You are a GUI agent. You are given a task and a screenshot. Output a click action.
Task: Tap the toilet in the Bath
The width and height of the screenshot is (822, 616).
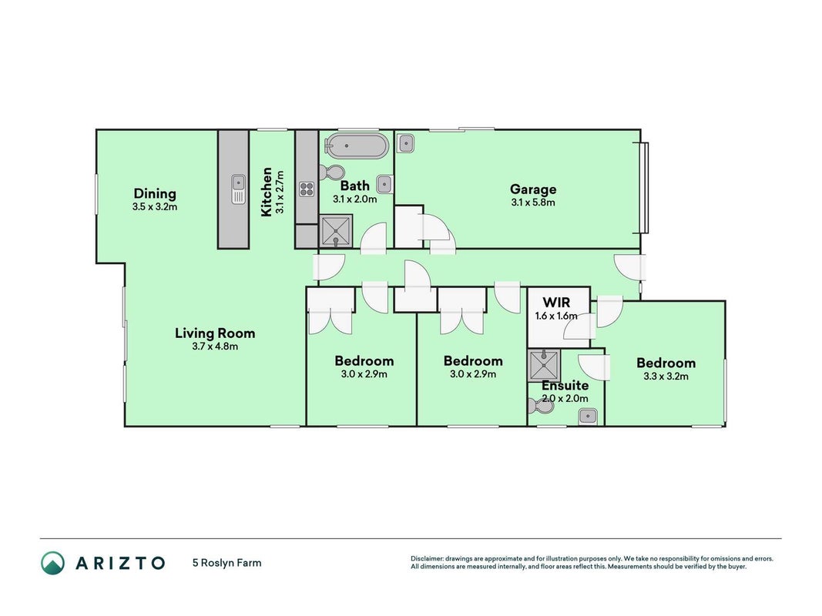tap(331, 171)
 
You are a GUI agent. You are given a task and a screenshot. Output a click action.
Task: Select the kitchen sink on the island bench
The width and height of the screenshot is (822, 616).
tap(239, 189)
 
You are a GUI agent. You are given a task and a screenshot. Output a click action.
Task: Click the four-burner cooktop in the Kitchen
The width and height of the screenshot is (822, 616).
tap(307, 189)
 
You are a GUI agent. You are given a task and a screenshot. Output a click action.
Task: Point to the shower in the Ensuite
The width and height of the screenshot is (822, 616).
tap(544, 365)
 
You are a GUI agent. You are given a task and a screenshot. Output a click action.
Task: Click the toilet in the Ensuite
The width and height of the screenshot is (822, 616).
tap(538, 406)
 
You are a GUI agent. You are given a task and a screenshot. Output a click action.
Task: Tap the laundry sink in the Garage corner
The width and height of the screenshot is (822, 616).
tap(405, 143)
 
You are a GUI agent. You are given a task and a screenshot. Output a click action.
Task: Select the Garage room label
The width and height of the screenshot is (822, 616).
tap(533, 189)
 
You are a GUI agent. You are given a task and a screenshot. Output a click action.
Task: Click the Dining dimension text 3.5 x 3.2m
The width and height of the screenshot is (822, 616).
tap(155, 207)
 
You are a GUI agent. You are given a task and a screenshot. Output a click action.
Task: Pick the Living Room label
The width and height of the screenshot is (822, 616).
tap(215, 333)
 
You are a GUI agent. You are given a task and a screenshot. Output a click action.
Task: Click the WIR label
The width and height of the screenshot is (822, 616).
tap(556, 303)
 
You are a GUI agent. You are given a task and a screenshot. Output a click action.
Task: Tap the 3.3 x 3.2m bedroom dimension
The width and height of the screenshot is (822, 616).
tap(666, 376)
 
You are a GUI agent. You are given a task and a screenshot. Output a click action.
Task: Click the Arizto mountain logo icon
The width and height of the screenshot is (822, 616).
tap(53, 563)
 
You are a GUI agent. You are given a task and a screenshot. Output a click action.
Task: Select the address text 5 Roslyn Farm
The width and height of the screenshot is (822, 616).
tap(227, 563)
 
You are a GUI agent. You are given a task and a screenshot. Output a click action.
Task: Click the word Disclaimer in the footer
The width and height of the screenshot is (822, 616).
tap(428, 559)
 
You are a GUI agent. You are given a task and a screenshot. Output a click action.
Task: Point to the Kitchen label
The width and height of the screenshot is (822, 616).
tap(267, 192)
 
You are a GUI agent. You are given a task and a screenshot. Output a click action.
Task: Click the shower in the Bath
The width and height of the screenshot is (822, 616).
tap(336, 230)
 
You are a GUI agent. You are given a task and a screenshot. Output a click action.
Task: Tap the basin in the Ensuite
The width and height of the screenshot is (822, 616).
tap(589, 417)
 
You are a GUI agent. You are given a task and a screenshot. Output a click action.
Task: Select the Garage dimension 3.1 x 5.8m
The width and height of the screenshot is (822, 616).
tap(533, 203)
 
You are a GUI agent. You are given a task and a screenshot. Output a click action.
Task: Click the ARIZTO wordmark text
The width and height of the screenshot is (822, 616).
tap(121, 563)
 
